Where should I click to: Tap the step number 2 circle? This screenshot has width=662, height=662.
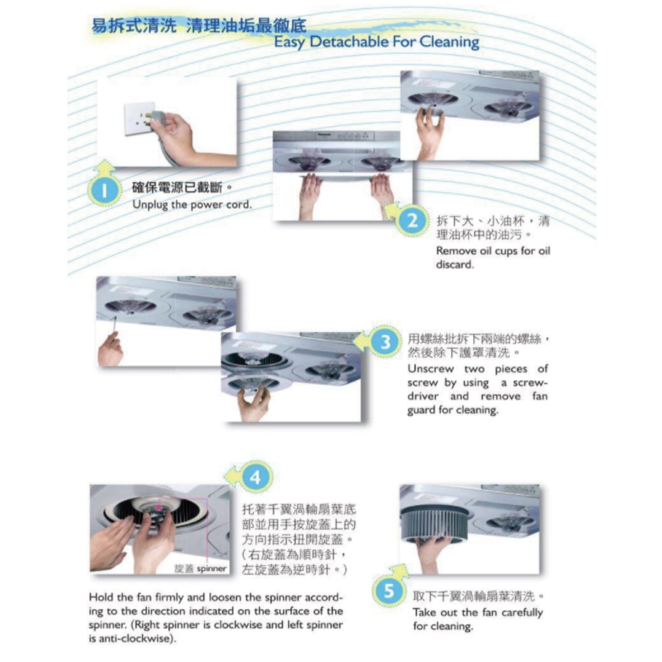click(x=412, y=221)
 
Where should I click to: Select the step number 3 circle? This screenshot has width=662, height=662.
click(x=385, y=342)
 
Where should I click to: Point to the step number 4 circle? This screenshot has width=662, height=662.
click(x=255, y=477)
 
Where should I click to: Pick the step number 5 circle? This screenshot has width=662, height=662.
click(x=389, y=591)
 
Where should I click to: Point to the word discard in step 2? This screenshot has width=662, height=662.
click(x=455, y=264)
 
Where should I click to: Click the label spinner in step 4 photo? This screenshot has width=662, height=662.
click(x=211, y=569)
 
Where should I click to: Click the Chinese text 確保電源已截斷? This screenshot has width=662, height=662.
click(x=177, y=187)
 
